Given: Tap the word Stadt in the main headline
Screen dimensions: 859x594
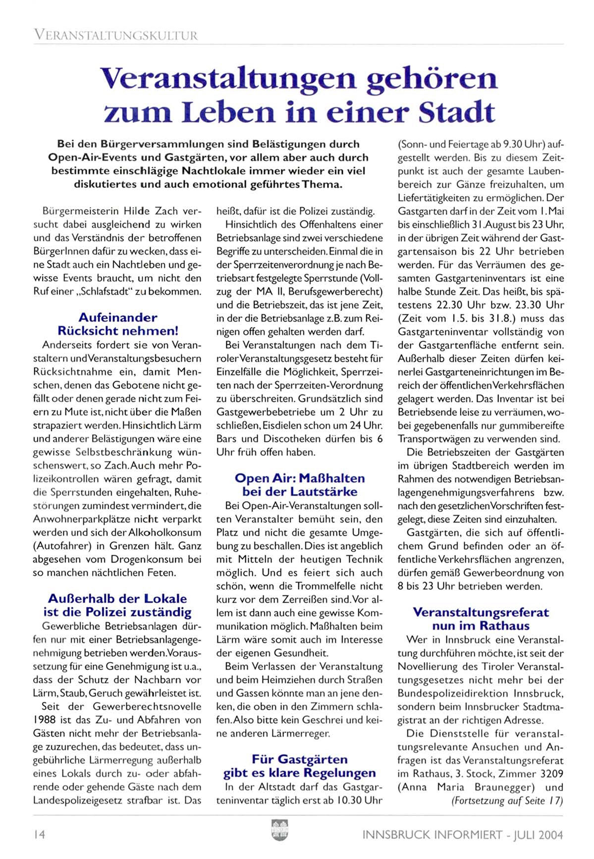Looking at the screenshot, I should tap(457, 113).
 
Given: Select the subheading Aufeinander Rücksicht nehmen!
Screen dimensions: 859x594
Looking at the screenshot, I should tap(117, 324).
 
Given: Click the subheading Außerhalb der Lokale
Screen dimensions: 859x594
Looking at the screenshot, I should tap(117, 598).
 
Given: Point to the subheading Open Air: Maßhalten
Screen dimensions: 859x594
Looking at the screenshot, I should tap(299, 478).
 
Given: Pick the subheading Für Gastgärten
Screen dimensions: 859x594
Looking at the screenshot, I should tap(299, 759).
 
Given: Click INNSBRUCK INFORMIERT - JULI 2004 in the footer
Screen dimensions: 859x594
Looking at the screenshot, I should tap(463, 835).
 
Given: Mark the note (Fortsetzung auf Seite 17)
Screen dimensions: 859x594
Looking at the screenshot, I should tap(507, 801).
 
